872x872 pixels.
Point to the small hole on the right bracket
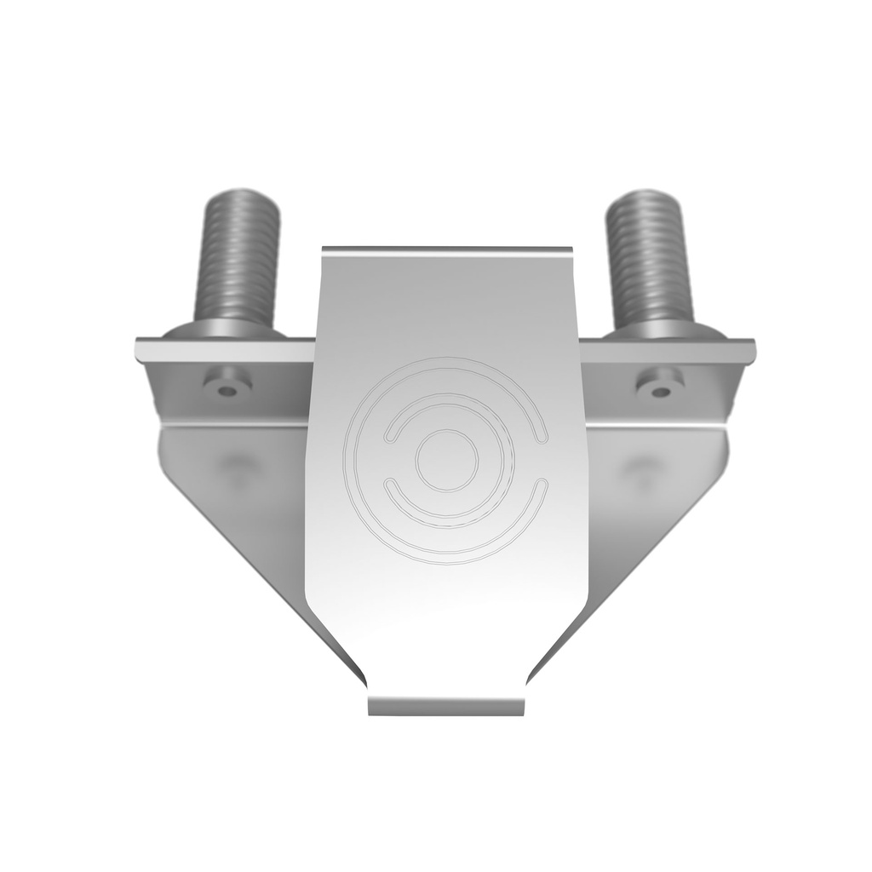(x=660, y=389)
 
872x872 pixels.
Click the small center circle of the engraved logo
(x=446, y=460)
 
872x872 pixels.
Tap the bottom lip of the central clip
(x=447, y=706)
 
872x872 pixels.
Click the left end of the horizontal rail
(x=141, y=350)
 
